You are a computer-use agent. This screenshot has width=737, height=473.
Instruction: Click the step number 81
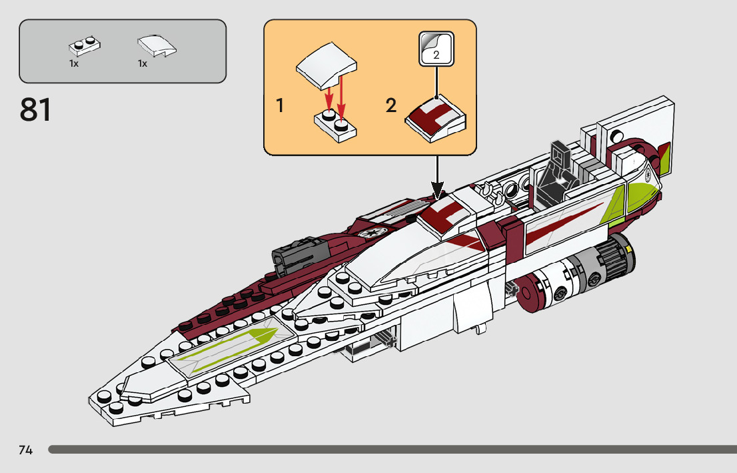coord(35,110)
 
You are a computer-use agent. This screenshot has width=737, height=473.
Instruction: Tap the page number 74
coord(26,450)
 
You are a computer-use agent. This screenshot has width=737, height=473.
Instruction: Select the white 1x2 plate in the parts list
coord(85,46)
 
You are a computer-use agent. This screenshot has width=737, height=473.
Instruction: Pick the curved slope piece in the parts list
coord(157,45)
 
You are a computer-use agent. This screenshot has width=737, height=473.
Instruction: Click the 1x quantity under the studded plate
coord(74,63)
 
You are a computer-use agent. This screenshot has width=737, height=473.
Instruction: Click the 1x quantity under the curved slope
coord(143,63)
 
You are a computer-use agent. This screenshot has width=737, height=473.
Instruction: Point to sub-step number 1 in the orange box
coord(280,105)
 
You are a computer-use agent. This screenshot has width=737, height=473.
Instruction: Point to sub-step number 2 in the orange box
coord(391,105)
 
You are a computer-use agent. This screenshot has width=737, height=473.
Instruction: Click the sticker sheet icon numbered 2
coord(436,49)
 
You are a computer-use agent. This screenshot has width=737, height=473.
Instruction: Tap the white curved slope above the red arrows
coord(327,66)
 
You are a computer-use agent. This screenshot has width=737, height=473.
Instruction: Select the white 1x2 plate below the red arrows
coord(335,125)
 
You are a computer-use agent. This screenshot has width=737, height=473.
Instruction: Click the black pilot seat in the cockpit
coord(558,173)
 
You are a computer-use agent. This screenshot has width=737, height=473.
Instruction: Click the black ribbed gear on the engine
coord(615,258)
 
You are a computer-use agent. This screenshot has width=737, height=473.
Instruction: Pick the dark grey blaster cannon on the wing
coord(298,255)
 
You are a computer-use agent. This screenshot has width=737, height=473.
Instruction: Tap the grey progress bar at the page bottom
coord(392,450)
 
